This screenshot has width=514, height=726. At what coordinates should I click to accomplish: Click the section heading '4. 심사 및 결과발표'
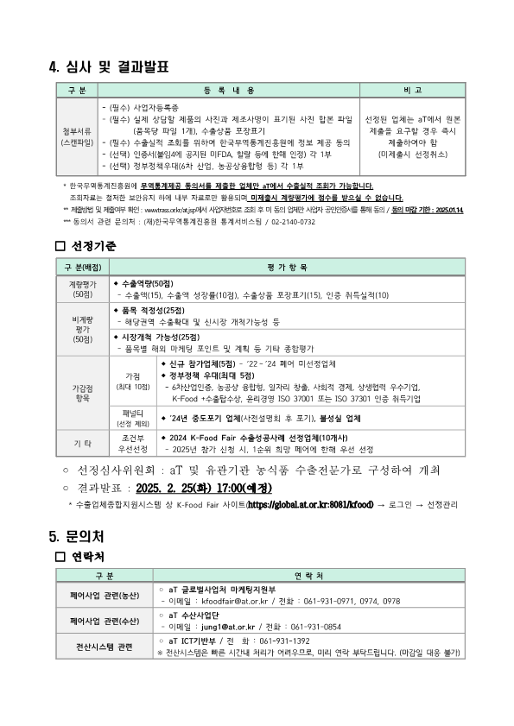tap(109, 66)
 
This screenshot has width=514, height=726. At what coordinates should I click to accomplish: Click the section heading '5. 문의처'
tap(83, 536)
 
